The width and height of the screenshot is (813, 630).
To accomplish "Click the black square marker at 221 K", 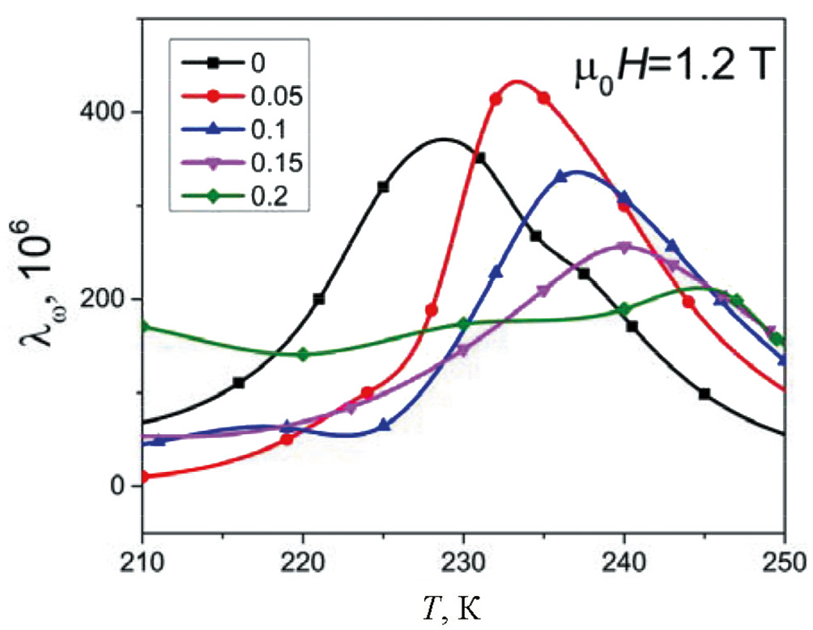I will click(x=318, y=299).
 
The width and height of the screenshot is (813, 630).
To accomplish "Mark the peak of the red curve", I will click(x=517, y=81).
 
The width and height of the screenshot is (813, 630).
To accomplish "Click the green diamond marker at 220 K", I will click(x=303, y=355).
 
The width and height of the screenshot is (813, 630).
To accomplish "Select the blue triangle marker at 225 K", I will click(x=383, y=424).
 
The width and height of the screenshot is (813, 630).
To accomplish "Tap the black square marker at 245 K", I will click(x=704, y=394).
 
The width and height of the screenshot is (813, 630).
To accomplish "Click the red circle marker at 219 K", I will click(x=287, y=439).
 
